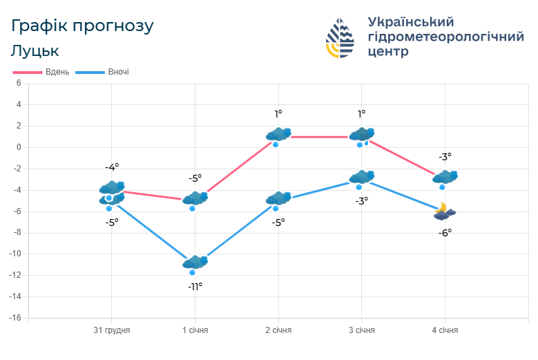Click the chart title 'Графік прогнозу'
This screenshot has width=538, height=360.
click(x=82, y=26)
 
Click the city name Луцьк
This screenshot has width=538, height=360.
click(x=35, y=50)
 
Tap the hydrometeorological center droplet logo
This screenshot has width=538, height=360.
click(x=340, y=38)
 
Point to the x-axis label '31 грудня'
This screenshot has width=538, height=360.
click(x=112, y=330)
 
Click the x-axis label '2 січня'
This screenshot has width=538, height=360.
click(x=278, y=330)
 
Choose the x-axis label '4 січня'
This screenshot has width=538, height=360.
click(x=445, y=330)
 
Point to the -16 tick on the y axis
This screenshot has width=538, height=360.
click(x=15, y=318)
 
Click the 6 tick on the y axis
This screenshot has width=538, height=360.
click(x=19, y=83)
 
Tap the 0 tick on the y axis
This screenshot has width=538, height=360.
click(x=19, y=147)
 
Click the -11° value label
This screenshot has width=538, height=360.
click(x=195, y=286)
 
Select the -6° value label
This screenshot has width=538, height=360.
click(x=445, y=233)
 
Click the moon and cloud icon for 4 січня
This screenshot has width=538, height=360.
click(x=444, y=211)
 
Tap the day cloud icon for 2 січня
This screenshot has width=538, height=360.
click(x=278, y=135)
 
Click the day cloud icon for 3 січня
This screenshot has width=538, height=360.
click(x=361, y=135)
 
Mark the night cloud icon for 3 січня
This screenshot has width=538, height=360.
click(x=361, y=178)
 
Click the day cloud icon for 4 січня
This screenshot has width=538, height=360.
click(x=445, y=178)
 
